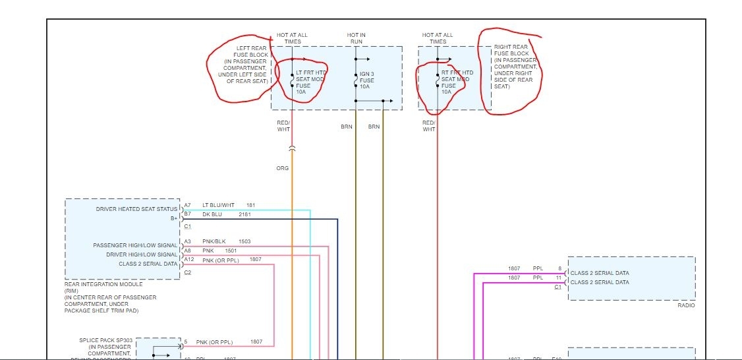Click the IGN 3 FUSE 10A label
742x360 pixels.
point(367,80)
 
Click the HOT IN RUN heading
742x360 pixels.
point(356,38)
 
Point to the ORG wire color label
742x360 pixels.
point(282,168)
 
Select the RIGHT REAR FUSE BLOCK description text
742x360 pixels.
point(514,66)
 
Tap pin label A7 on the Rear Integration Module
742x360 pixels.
point(188,205)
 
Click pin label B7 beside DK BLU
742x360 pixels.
point(188,214)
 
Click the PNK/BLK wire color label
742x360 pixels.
point(213,241)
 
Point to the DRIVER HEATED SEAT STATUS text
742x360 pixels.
point(137,209)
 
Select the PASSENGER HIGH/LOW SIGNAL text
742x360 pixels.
point(135,245)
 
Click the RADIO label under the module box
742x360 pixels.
point(685,305)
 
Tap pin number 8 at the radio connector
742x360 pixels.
point(560,268)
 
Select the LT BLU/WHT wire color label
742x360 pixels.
point(218,205)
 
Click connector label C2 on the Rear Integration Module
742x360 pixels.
point(188,272)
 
